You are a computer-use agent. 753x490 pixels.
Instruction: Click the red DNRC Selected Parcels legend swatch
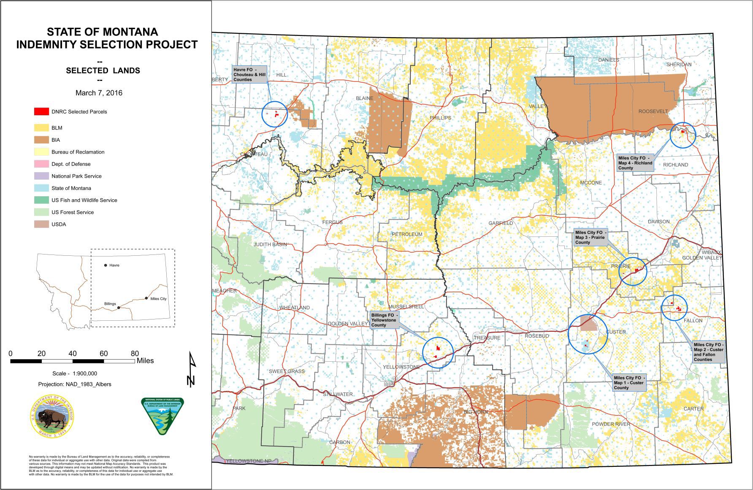41,112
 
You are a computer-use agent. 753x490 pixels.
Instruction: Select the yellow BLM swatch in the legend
41,127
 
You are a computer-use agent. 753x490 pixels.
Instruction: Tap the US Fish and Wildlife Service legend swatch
41,200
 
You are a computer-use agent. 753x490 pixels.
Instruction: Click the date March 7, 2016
99,93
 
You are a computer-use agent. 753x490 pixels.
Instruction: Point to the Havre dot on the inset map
106,265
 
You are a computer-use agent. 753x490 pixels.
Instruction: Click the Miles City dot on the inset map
146,298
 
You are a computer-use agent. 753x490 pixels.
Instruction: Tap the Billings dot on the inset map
119,308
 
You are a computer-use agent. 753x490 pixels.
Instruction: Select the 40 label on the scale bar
73,354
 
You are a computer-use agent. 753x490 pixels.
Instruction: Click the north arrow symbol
192,369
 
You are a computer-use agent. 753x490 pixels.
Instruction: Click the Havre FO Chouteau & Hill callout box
249,74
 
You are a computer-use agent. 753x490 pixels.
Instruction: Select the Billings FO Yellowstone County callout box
384,320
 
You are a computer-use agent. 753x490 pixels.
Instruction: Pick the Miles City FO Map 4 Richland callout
635,163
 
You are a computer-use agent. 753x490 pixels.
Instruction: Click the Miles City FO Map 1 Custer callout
629,383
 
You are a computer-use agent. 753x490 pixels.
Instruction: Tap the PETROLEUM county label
407,234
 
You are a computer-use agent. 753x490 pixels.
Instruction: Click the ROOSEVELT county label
653,111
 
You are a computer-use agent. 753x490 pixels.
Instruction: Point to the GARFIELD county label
501,223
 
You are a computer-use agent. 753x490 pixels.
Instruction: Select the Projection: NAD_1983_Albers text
75,384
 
